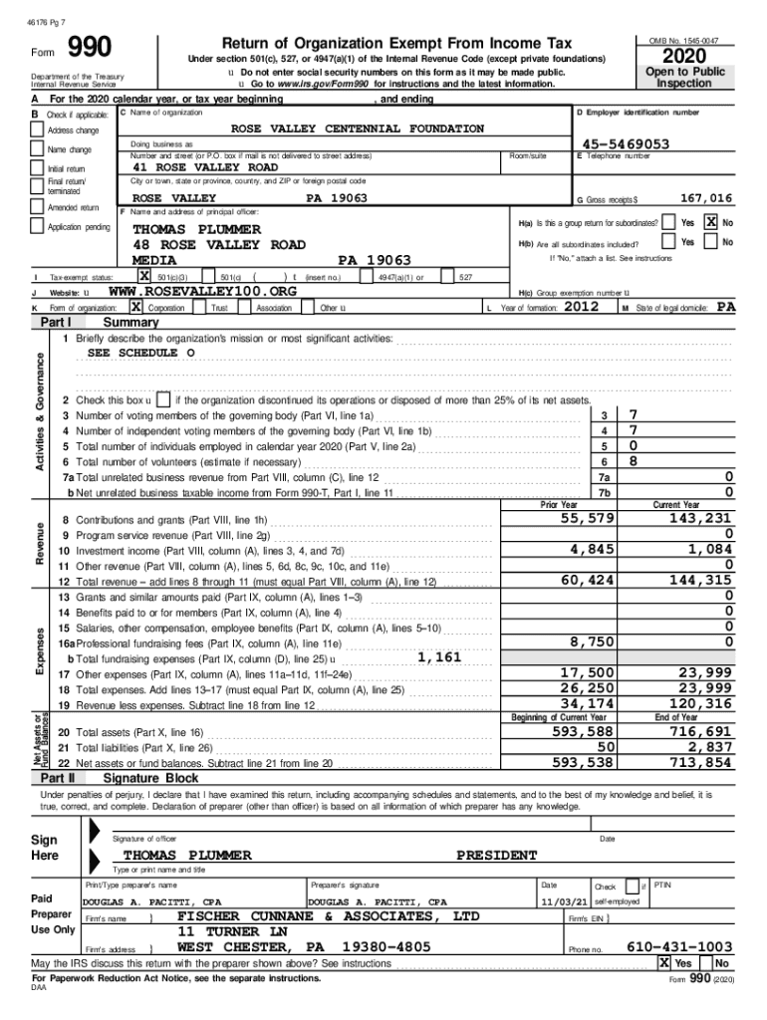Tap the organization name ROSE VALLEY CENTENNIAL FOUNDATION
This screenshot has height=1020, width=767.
pos(358,128)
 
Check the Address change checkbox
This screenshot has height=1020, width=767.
pos(39,130)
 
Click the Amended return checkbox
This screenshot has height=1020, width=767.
pos(39,208)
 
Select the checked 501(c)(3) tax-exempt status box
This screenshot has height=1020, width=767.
pos(144,276)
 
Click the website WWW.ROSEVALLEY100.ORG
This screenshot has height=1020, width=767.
pos(202,291)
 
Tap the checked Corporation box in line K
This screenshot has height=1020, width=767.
pos(136,308)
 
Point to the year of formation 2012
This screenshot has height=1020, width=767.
pos(582,308)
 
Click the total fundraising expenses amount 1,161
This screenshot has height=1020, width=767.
pos(439,656)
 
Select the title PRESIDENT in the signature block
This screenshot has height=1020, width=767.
pos(497,855)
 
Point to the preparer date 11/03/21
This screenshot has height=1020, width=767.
pos(560,901)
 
